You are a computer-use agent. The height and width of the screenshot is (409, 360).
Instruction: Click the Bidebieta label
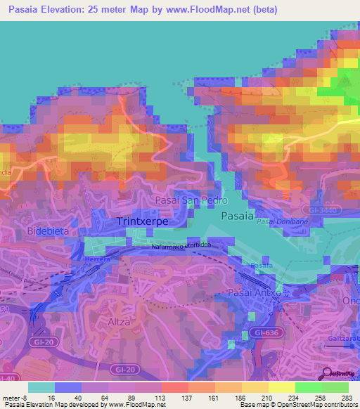pyautogui.click(x=48, y=231)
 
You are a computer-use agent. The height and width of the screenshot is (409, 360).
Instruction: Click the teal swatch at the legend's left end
pyautogui.click(x=41, y=387)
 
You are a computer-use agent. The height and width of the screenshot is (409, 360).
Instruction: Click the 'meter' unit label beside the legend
pyautogui.click(x=11, y=397)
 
